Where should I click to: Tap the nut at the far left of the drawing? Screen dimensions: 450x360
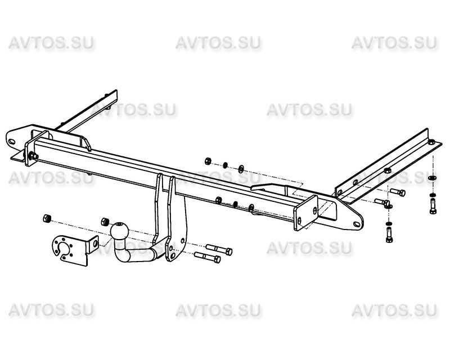[x=47, y=218]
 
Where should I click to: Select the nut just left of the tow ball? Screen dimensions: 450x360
[x=105, y=222]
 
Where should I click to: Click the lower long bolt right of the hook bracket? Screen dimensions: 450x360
[x=207, y=257]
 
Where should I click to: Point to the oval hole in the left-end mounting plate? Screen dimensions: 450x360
[x=12, y=142]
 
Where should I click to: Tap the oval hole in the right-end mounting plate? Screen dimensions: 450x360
[x=357, y=224]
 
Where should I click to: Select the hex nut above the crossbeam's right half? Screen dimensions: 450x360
[x=208, y=161]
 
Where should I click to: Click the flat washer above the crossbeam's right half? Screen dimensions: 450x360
[x=241, y=168]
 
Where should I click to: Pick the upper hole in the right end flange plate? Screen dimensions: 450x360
[x=315, y=210]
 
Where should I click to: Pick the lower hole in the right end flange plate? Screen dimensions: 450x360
[x=300, y=221]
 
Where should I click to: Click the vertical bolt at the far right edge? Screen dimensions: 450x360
[x=433, y=206]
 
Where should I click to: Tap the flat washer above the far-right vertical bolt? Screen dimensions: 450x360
[x=433, y=178]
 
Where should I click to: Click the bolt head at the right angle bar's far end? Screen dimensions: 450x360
[x=431, y=142]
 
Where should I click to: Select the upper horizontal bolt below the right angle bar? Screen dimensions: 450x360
[x=398, y=192]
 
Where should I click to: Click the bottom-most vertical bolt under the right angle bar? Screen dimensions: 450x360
[x=389, y=235]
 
